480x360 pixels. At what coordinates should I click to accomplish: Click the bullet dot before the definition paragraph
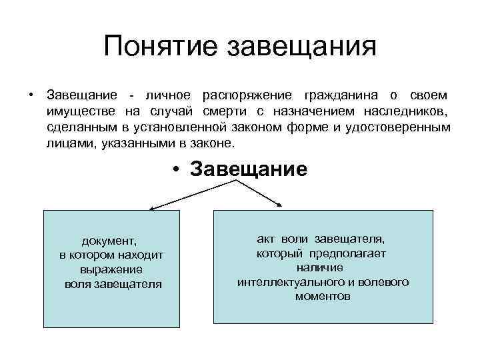pyautogui.click(x=31, y=94)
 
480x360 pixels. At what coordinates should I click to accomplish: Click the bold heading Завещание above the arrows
pyautogui.click(x=249, y=169)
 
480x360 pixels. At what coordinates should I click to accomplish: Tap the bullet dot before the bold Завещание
pyautogui.click(x=175, y=169)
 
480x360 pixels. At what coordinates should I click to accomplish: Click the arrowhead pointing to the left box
pyautogui.click(x=151, y=208)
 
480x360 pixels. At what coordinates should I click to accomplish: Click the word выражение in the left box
pyautogui.click(x=111, y=269)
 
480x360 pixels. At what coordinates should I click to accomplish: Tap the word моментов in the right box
pyautogui.click(x=323, y=297)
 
